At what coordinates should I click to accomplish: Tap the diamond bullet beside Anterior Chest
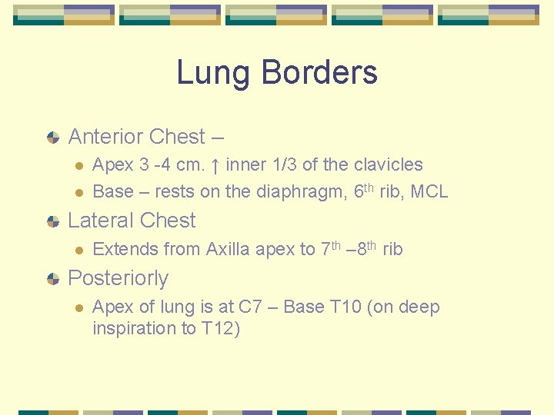point(53,138)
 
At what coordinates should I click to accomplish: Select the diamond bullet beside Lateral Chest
point(53,221)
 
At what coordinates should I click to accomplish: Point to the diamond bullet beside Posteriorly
point(53,279)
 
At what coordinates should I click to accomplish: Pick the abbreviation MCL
point(429,192)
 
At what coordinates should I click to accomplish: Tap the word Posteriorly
point(118,278)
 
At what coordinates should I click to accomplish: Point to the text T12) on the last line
point(222,328)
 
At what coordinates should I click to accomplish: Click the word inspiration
point(135,328)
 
